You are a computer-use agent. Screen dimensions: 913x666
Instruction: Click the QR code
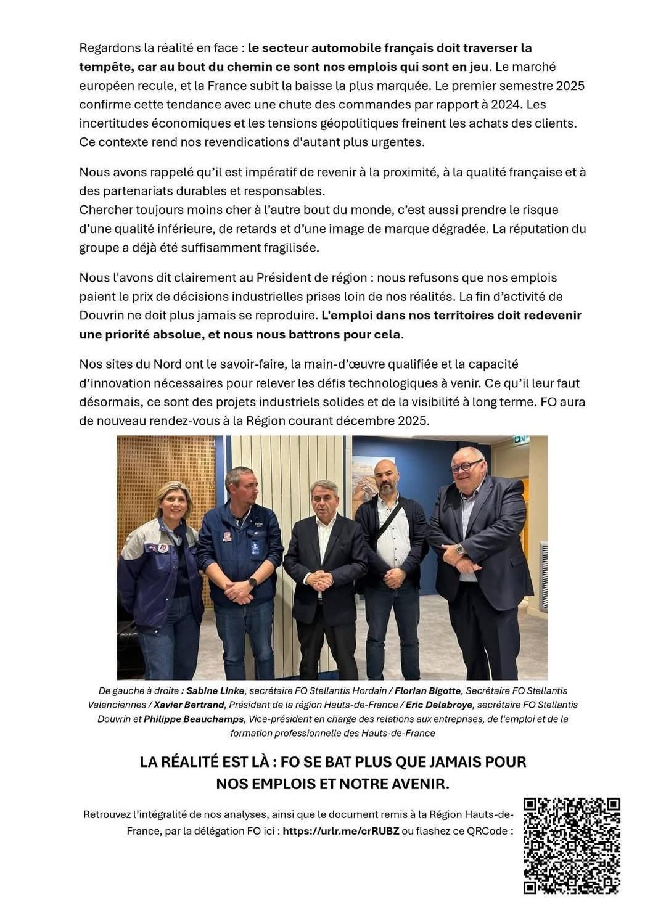[572, 845]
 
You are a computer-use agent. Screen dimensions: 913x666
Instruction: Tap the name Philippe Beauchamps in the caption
[194, 719]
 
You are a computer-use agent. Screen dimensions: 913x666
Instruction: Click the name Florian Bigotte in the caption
[427, 690]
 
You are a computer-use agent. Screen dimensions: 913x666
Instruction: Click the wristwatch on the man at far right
[460, 548]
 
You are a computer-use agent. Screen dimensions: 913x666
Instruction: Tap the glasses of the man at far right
[467, 466]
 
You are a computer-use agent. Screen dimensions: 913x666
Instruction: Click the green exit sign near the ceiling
[521, 440]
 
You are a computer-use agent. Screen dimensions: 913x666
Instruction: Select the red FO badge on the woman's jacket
[163, 547]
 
